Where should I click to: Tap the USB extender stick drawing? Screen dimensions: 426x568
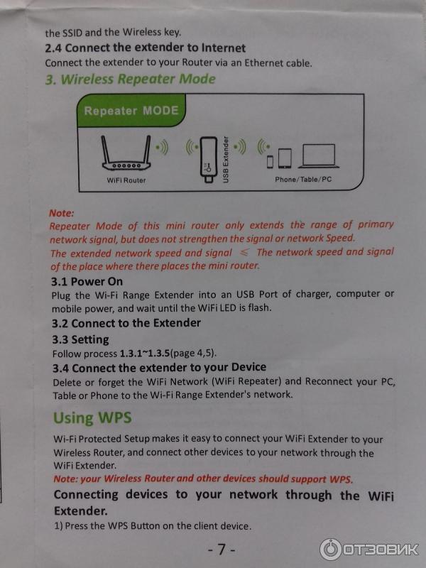(209, 159)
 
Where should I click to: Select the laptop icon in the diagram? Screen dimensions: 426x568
(318, 156)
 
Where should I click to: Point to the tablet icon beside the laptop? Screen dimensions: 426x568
(285, 158)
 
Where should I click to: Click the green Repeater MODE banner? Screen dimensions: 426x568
(131, 110)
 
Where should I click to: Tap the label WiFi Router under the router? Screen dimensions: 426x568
(126, 180)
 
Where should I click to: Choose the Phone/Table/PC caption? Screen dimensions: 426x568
(303, 180)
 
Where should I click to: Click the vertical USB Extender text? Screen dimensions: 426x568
(226, 159)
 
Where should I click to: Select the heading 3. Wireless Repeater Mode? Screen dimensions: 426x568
(131, 79)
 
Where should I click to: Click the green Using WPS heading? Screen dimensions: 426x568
(92, 417)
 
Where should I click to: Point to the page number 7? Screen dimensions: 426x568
(222, 550)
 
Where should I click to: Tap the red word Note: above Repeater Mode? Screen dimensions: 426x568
(62, 213)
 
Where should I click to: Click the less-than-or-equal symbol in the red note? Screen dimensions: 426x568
(244, 253)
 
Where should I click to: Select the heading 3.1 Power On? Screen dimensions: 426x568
(87, 281)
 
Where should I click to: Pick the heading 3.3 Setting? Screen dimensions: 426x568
(80, 339)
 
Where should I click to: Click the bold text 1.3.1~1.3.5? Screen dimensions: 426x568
(145, 353)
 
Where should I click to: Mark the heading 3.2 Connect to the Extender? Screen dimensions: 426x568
(126, 323)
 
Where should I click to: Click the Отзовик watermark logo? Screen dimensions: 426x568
(368, 549)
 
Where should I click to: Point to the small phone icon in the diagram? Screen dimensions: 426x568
(270, 162)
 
